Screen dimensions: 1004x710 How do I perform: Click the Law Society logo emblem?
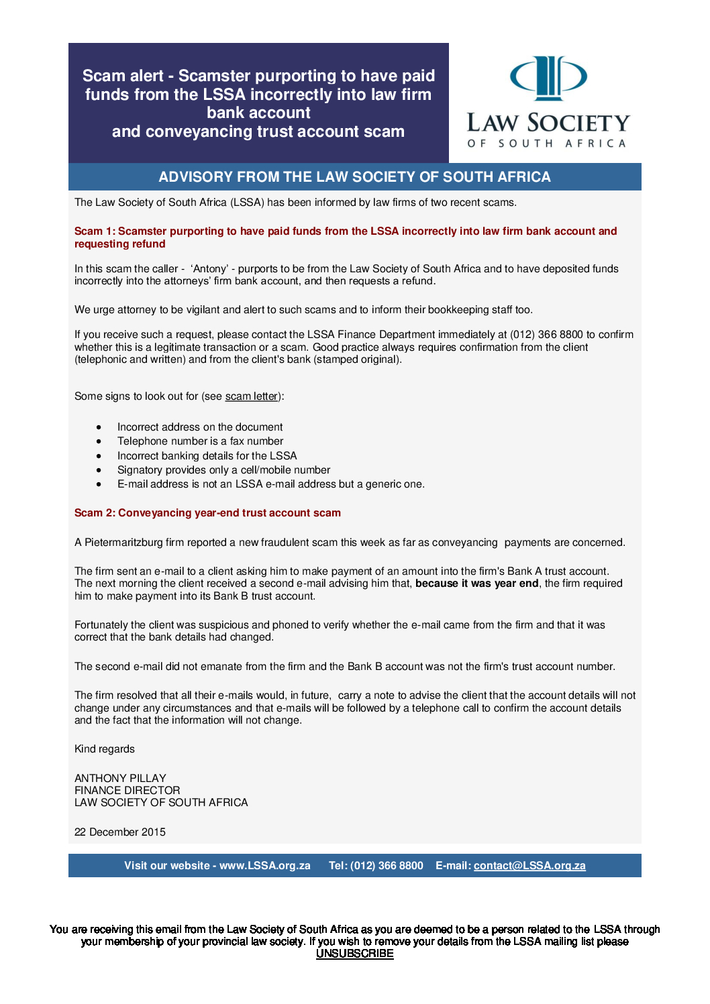tap(548, 78)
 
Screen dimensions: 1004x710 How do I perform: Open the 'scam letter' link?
tap(252, 396)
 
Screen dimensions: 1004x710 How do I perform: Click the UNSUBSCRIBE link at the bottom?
tap(354, 954)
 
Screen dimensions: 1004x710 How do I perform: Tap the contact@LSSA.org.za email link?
tap(529, 866)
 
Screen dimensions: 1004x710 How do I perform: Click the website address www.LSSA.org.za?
tap(265, 866)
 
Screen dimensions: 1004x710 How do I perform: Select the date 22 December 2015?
tap(120, 832)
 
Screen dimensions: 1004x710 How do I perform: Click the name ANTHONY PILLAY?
tap(120, 779)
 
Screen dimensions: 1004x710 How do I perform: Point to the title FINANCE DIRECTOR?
tap(128, 791)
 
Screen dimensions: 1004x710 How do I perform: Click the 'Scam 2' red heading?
tap(207, 513)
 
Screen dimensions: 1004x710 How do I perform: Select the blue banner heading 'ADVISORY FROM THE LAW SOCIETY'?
tap(354, 177)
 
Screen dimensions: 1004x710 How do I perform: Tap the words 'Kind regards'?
tap(105, 749)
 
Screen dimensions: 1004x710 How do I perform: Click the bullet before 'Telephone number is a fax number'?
tap(99, 442)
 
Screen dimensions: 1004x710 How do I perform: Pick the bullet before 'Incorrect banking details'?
tap(99, 456)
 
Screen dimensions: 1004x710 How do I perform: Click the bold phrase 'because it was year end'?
tap(476, 583)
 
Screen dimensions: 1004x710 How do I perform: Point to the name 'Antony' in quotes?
tap(209, 269)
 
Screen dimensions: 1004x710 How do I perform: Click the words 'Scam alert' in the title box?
tap(123, 76)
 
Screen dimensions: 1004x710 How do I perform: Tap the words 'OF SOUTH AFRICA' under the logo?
tap(547, 144)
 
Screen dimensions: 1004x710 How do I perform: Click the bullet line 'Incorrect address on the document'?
tap(200, 427)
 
